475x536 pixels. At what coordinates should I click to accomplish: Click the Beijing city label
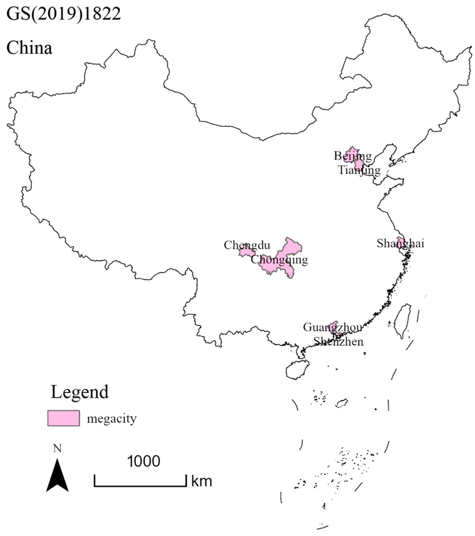(x=353, y=156)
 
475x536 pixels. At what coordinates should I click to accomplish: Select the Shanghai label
(x=400, y=243)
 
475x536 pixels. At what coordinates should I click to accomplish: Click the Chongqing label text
(x=279, y=260)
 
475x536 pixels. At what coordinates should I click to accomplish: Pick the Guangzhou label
(x=332, y=327)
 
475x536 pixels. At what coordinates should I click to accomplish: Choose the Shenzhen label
(x=338, y=341)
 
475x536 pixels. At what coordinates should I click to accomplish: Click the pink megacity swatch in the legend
(x=64, y=418)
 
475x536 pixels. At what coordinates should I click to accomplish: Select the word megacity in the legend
(x=112, y=418)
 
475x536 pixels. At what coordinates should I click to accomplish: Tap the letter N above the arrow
(x=57, y=449)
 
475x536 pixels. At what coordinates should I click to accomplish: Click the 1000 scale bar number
(x=143, y=461)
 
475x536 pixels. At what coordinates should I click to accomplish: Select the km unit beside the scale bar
(x=202, y=481)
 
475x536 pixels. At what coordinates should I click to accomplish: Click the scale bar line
(x=140, y=486)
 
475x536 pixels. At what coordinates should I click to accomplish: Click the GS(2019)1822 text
(x=64, y=14)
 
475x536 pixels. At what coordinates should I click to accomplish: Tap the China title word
(x=29, y=48)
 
